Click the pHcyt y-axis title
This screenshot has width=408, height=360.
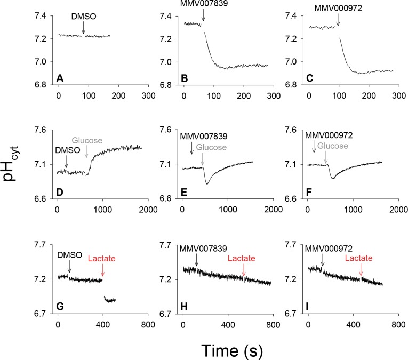point(15,170)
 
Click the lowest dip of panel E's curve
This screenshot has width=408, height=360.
point(207,183)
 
